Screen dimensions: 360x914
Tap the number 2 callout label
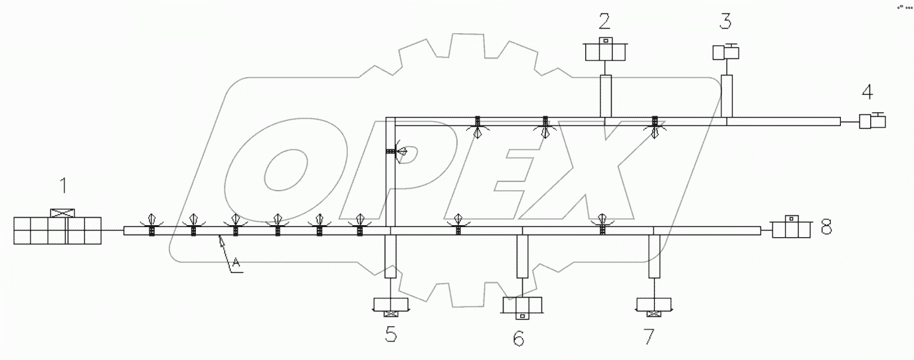click(604, 21)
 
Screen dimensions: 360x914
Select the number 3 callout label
click(725, 21)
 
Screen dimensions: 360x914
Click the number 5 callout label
click(391, 335)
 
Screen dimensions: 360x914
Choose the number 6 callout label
click(518, 338)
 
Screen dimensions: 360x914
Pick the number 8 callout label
click(826, 228)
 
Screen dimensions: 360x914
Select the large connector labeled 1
click(58, 229)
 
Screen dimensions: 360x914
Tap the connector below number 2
click(605, 51)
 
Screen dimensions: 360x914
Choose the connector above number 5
click(391, 306)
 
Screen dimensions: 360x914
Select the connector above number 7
click(654, 306)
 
